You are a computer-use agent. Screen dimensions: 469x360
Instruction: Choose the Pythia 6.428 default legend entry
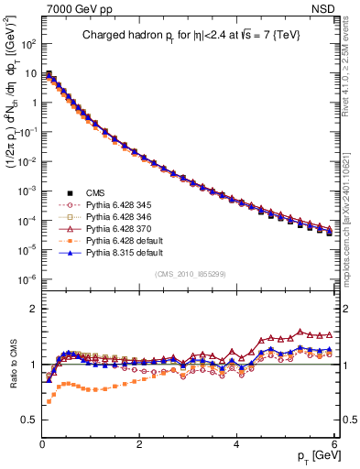tap(109, 245)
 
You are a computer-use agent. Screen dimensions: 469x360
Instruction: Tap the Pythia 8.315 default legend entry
tap(109, 258)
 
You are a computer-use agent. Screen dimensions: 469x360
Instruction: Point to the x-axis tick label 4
tap(237, 442)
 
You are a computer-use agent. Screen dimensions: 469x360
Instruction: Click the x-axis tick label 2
tap(139, 442)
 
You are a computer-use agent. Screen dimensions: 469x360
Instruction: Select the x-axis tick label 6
tap(334, 442)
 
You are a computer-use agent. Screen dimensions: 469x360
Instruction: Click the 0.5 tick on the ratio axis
tap(29, 420)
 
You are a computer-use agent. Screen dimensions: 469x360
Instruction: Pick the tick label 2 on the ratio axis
tap(33, 308)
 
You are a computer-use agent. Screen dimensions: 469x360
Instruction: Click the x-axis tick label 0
tap(42, 442)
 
